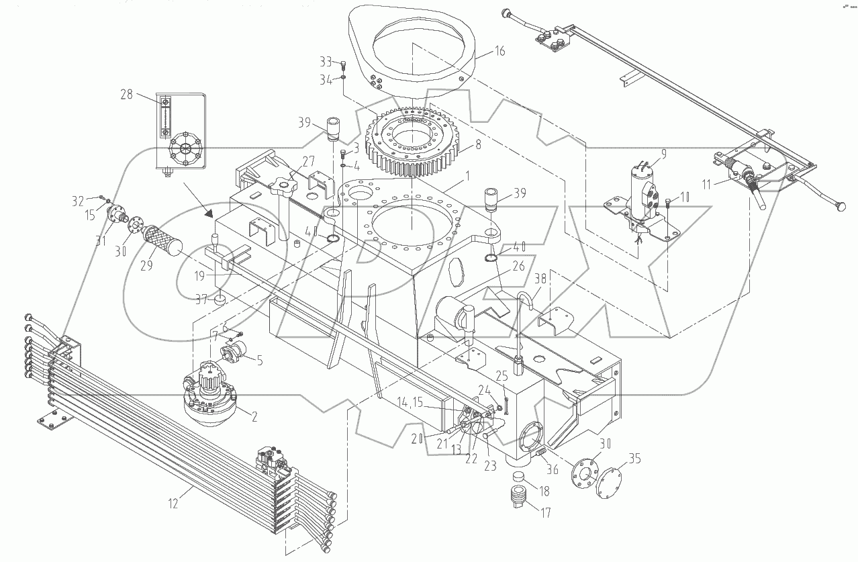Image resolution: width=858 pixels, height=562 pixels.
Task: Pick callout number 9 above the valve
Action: coord(663,154)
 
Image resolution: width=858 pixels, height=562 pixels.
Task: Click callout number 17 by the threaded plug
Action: coord(546,512)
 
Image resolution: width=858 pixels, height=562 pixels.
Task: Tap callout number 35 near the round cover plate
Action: coord(635,459)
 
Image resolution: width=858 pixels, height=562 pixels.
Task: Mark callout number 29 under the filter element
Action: coord(147,265)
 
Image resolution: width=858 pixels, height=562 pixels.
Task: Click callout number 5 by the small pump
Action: coord(258,360)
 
